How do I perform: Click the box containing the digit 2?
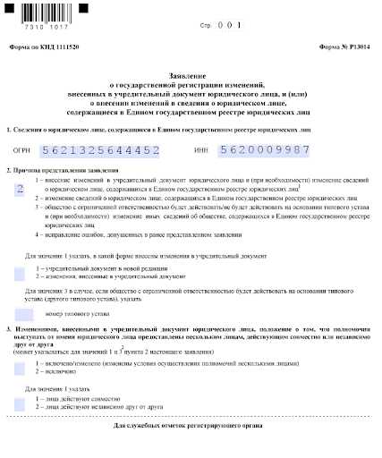tap(19, 189)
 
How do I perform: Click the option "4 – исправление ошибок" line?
tap(140, 235)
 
